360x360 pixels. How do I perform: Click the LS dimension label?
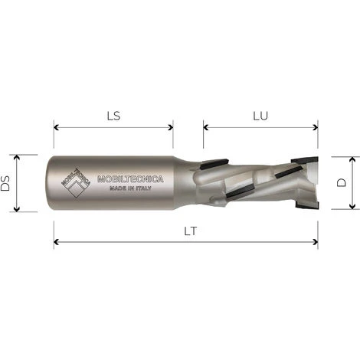tap(112, 116)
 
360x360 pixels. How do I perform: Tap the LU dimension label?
tap(260, 116)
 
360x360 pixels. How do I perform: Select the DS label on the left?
tap(7, 183)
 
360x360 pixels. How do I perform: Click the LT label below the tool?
tap(186, 231)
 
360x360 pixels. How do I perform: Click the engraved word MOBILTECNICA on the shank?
tap(131, 179)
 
